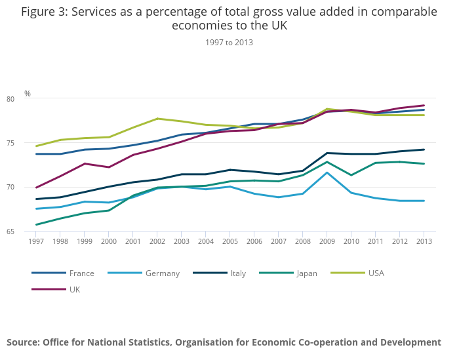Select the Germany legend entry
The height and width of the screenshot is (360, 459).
(162, 273)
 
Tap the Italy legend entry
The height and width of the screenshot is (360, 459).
(237, 273)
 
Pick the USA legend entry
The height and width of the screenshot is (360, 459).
(376, 273)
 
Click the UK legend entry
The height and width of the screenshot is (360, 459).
(74, 289)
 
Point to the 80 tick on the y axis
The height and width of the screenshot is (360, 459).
(28, 99)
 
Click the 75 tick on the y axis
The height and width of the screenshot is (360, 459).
(28, 143)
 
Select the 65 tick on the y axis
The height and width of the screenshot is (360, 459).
(28, 231)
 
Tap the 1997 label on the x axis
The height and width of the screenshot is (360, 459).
(36, 241)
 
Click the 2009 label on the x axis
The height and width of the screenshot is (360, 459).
(327, 241)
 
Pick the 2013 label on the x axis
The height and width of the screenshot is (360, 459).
(424, 241)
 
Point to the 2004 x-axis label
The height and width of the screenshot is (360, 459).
(205, 241)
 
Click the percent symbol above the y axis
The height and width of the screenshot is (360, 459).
(28, 94)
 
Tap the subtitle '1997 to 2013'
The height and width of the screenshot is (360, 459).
(229, 43)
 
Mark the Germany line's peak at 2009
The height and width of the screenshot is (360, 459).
(327, 172)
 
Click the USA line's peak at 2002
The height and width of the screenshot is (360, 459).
(157, 119)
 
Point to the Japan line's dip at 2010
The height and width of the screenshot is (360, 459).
(351, 175)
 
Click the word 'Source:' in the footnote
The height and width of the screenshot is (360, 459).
(23, 342)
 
